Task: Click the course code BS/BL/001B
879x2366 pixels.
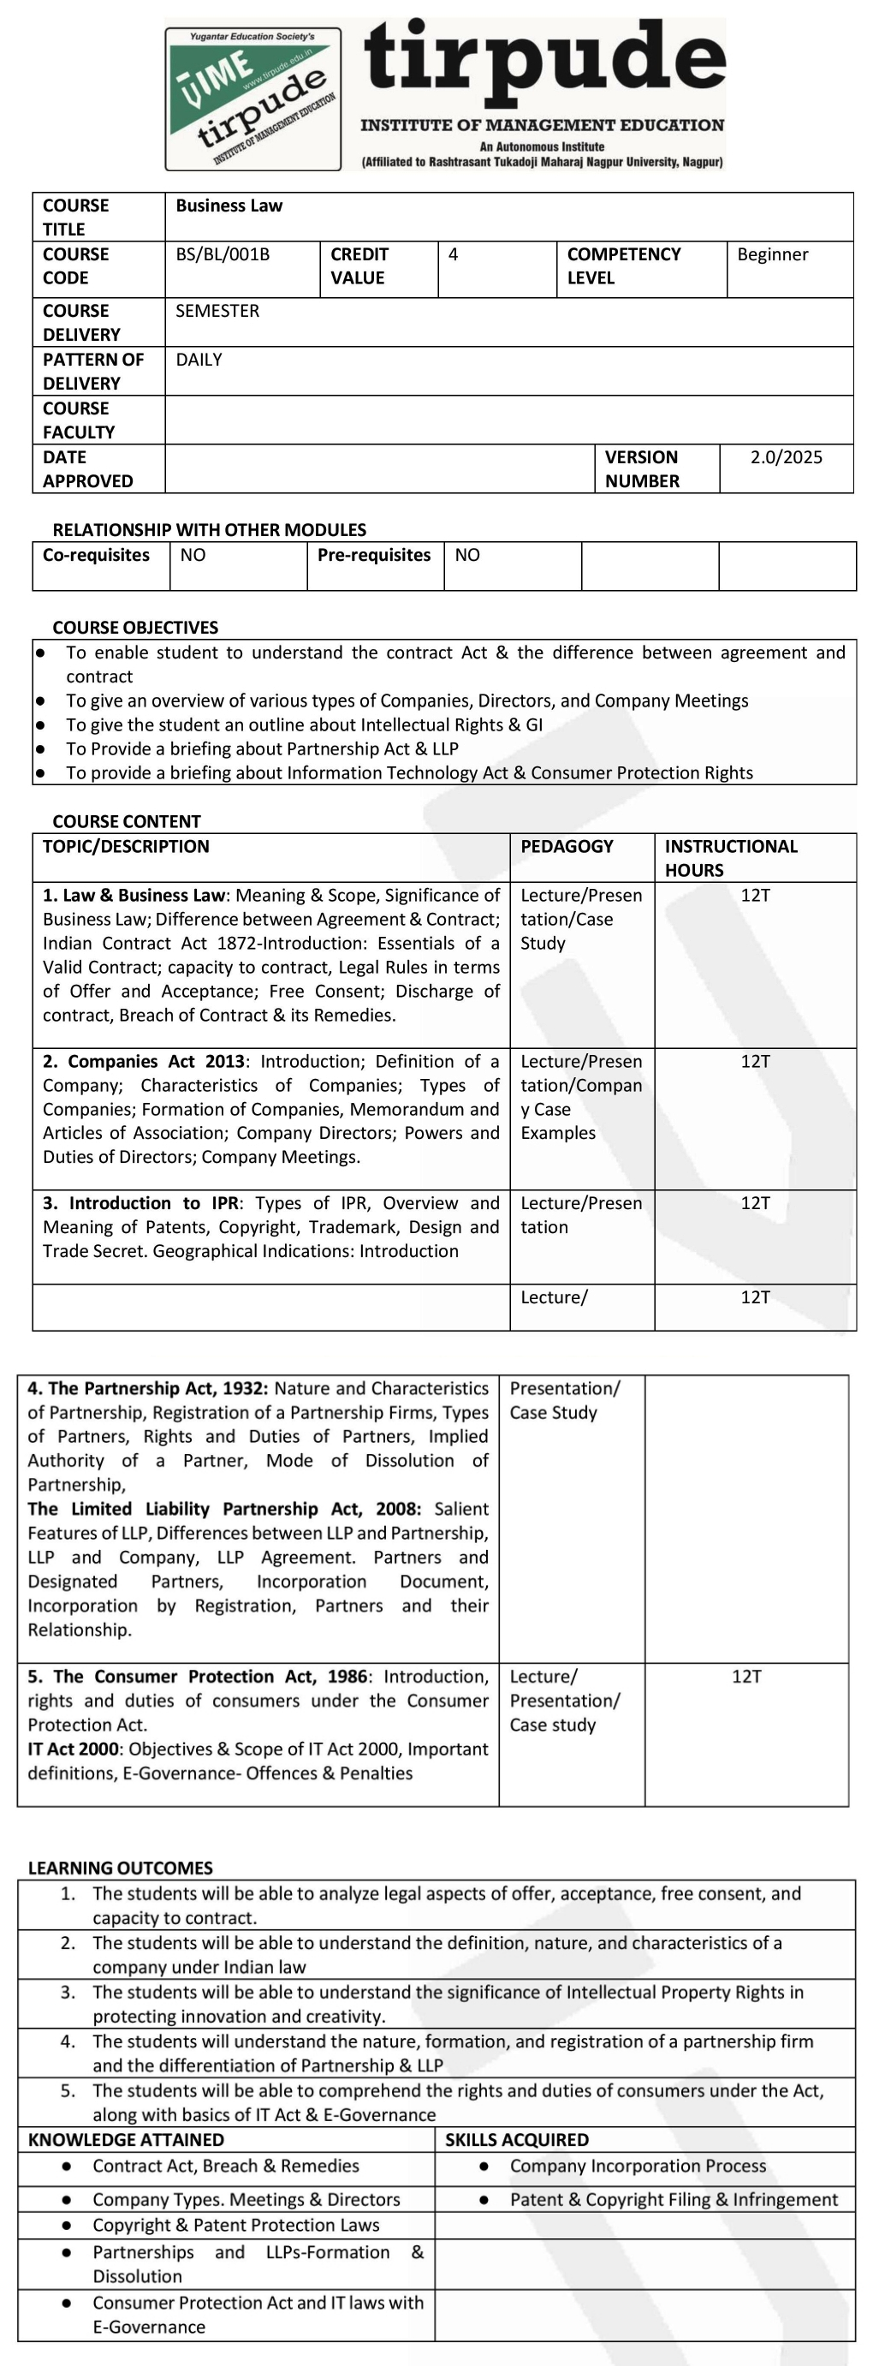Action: click(223, 254)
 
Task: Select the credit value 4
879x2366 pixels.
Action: click(453, 254)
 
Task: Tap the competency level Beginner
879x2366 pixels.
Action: click(773, 254)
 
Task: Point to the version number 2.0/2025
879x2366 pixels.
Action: click(786, 457)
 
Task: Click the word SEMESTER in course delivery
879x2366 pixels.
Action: click(217, 312)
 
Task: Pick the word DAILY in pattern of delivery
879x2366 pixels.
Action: click(199, 360)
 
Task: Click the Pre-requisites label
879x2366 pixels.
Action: click(374, 555)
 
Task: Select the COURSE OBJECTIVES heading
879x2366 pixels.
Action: click(135, 628)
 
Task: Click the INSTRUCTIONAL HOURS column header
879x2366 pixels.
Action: click(730, 858)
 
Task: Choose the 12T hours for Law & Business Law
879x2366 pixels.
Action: click(755, 896)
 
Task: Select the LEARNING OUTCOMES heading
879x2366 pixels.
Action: click(121, 1868)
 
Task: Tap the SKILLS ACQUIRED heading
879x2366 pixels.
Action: click(516, 2139)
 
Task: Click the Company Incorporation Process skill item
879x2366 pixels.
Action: click(638, 2166)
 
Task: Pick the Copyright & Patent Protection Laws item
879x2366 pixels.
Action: click(235, 2225)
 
